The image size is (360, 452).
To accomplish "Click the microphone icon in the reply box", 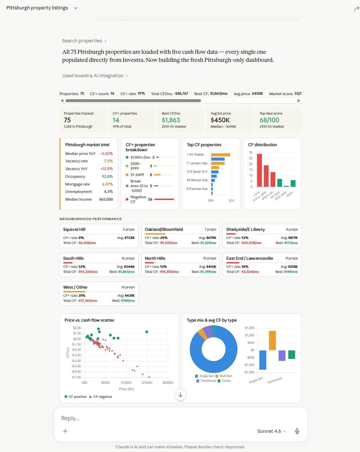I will (x=297, y=431).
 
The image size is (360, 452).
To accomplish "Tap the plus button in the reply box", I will (x=65, y=431).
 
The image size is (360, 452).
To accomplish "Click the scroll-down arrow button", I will (x=181, y=395).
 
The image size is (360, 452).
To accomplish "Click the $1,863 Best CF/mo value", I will (x=171, y=120).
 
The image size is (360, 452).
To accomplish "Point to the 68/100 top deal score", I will (x=269, y=120).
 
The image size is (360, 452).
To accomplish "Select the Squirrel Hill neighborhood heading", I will (x=74, y=230).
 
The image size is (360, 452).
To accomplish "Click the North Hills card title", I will (x=155, y=258).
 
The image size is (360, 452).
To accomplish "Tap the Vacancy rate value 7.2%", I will (x=108, y=161).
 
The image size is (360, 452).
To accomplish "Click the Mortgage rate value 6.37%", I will (x=107, y=184).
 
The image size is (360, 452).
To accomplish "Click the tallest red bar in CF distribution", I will (x=259, y=170).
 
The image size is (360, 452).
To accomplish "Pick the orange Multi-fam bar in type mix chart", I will (x=272, y=340).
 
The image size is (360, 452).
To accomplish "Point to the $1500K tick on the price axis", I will (x=147, y=383).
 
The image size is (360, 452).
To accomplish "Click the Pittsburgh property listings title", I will (x=37, y=8).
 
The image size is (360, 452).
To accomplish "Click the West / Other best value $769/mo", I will (x=128, y=301).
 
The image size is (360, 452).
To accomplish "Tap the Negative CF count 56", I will (x=150, y=199).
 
